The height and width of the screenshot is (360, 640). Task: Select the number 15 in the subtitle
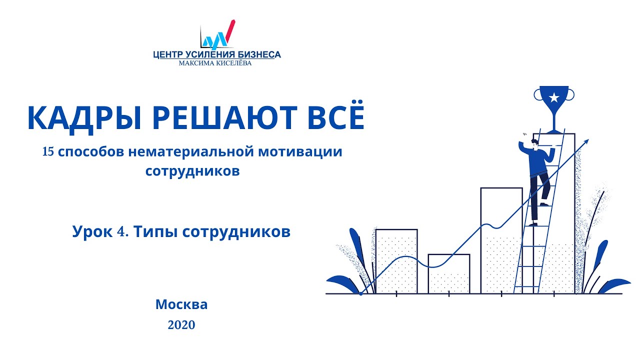(x=48, y=152)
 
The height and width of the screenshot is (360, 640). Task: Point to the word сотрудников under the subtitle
(x=192, y=171)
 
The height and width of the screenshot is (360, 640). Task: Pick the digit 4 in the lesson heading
(x=122, y=232)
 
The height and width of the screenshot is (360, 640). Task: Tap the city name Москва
(x=181, y=304)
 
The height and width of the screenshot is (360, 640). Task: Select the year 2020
(x=181, y=325)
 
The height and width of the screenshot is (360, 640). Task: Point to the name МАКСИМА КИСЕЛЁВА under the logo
(x=216, y=63)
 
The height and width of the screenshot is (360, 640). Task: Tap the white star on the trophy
(x=553, y=97)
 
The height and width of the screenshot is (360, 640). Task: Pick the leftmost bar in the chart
(x=396, y=260)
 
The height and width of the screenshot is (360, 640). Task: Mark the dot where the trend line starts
(x=360, y=293)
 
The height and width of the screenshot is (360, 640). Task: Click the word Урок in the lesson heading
(x=91, y=232)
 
